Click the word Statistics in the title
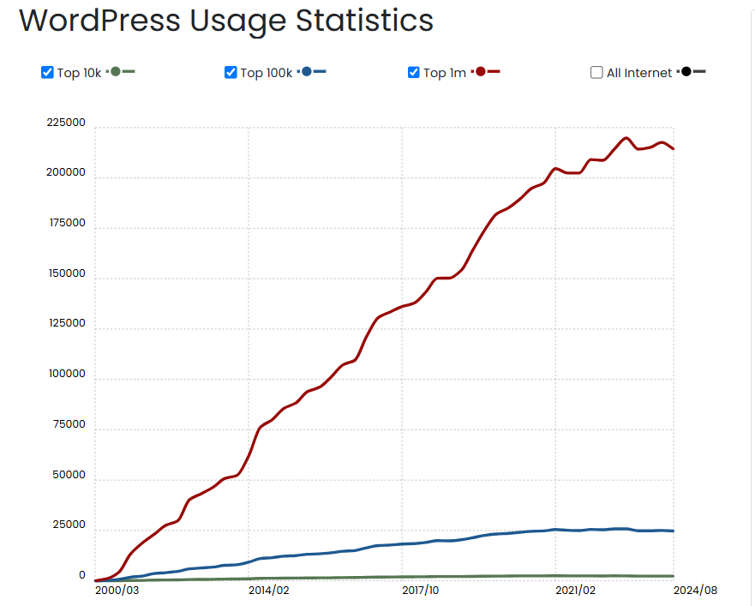pyautogui.click(x=365, y=21)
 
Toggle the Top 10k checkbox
pyautogui.click(x=48, y=72)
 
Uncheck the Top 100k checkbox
pyautogui.click(x=231, y=72)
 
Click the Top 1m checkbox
pyautogui.click(x=414, y=72)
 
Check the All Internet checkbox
pyautogui.click(x=596, y=73)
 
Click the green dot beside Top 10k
pyautogui.click(x=116, y=71)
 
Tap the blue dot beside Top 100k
pyautogui.click(x=307, y=71)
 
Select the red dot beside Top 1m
pyautogui.click(x=481, y=71)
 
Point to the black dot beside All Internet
pyautogui.click(x=686, y=71)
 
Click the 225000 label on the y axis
pyautogui.click(x=66, y=123)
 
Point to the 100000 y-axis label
pyautogui.click(x=66, y=375)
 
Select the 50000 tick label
pyautogui.click(x=69, y=476)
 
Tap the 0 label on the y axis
pyautogui.click(x=82, y=576)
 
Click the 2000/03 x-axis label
pyautogui.click(x=117, y=590)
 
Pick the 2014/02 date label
pyautogui.click(x=268, y=590)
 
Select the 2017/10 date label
pyautogui.click(x=421, y=590)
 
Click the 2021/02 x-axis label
pyautogui.click(x=575, y=590)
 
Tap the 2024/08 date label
pyautogui.click(x=695, y=590)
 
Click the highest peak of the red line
pyautogui.click(x=626, y=138)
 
